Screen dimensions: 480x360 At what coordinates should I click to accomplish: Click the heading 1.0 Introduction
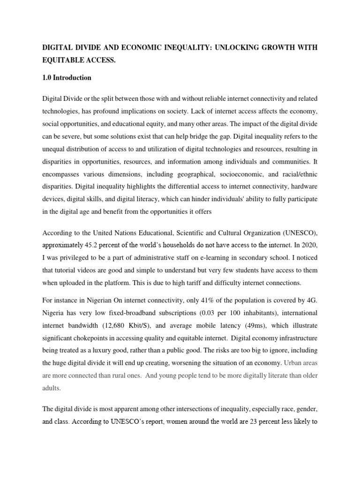[67, 78]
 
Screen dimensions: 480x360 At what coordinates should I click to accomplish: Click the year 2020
[310, 244]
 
